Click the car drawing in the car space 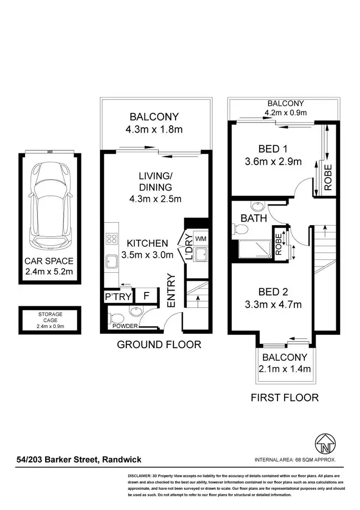[x=50, y=204]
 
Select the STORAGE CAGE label [x=50, y=317]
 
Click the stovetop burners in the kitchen [x=112, y=239]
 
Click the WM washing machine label [x=201, y=239]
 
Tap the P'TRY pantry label [x=118, y=297]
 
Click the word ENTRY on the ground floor [x=171, y=290]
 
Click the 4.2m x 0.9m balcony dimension [x=286, y=113]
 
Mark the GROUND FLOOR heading [x=159, y=344]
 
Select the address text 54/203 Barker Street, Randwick [x=78, y=460]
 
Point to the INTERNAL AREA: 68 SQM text [x=295, y=460]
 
